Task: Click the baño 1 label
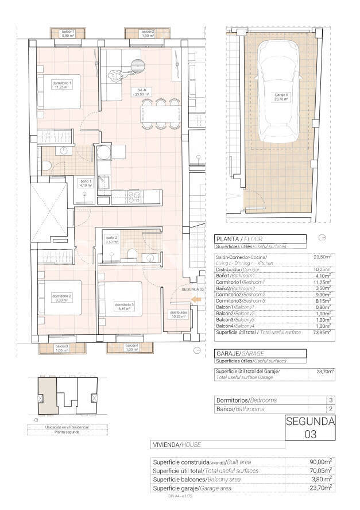point(86,183)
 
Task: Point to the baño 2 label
point(112,239)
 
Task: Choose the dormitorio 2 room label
point(62,297)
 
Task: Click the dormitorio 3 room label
point(123,306)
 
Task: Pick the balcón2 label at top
point(148,33)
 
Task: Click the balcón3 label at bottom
point(62,348)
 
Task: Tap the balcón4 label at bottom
point(131,347)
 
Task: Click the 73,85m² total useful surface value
point(322,332)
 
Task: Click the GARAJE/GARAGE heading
point(235,353)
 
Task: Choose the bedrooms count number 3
point(330,400)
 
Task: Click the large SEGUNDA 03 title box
point(310,428)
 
